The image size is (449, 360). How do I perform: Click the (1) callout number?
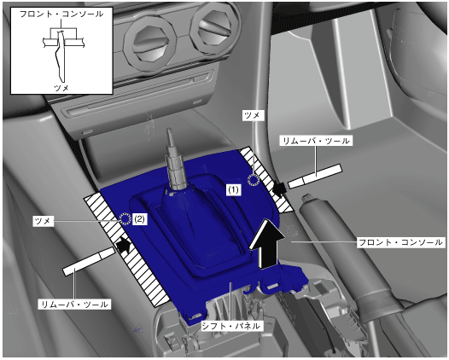click(x=233, y=189)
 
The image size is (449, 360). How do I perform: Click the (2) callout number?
click(x=139, y=219)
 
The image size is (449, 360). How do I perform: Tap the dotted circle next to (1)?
click(x=254, y=180)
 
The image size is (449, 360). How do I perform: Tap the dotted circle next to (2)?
click(x=125, y=219)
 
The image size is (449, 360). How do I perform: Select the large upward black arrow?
click(x=267, y=243)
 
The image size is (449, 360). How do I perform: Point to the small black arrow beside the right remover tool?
click(x=279, y=188)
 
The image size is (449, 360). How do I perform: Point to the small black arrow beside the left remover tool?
click(x=123, y=245)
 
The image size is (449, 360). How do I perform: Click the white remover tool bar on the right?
click(x=315, y=176)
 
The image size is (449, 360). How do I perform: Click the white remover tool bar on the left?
click(x=89, y=262)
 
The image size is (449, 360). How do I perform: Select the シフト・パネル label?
click(x=230, y=326)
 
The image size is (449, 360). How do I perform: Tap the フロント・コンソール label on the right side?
click(x=400, y=242)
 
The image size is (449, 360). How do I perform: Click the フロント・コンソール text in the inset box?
click(x=61, y=14)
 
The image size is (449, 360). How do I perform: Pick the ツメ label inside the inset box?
click(x=61, y=88)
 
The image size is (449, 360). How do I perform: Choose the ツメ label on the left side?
click(x=43, y=221)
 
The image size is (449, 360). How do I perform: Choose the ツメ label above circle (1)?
click(x=253, y=115)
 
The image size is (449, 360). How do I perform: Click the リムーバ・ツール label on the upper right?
click(x=316, y=141)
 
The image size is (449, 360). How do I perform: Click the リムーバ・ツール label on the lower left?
click(x=74, y=304)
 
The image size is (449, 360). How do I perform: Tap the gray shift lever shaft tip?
click(x=170, y=132)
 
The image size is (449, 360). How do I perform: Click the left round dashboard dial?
click(x=149, y=43)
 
